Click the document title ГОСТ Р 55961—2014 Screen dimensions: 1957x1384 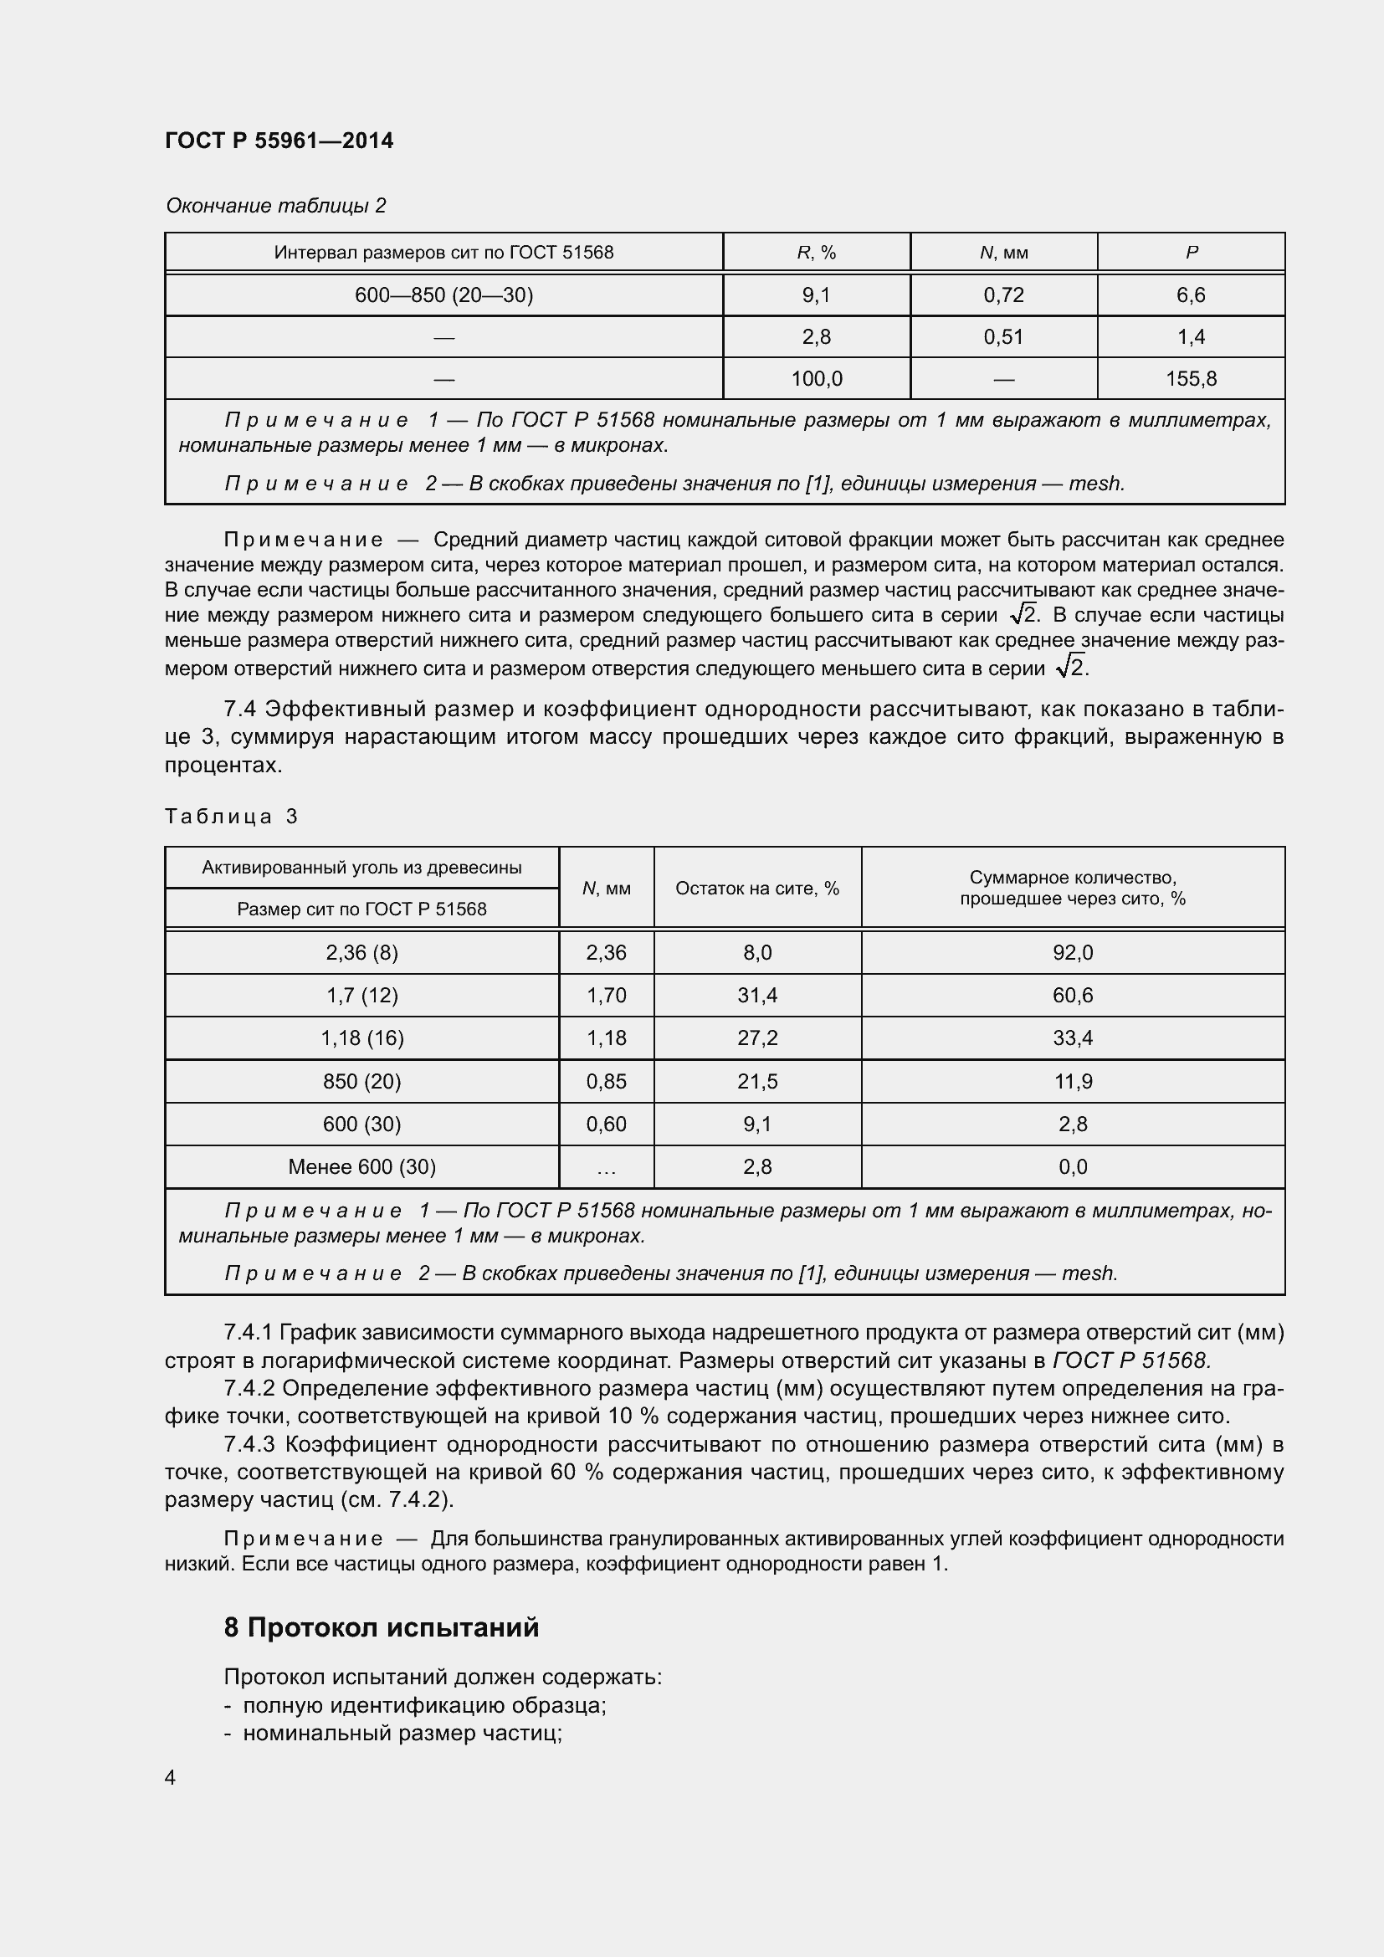pyautogui.click(x=279, y=141)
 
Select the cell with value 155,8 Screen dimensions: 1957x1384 pyautogui.click(x=1191, y=378)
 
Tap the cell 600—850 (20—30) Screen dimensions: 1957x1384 pyautogui.click(x=443, y=295)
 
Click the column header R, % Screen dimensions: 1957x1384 pyautogui.click(x=816, y=253)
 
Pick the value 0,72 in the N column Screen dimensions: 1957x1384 pyautogui.click(x=1003, y=295)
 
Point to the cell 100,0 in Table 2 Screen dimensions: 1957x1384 pyautogui.click(x=816, y=378)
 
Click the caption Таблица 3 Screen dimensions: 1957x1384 pyautogui.click(x=231, y=817)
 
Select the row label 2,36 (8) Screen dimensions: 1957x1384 pyautogui.click(x=361, y=952)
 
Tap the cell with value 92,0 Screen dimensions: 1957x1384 pyautogui.click(x=1072, y=952)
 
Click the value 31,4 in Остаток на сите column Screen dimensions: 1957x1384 pyautogui.click(x=756, y=995)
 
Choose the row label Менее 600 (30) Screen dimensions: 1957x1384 pyautogui.click(x=361, y=1166)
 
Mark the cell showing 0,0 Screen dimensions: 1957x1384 pyautogui.click(x=1072, y=1166)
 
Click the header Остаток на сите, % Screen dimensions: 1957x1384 pyautogui.click(x=756, y=889)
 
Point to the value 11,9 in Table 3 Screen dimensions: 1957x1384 pyautogui.click(x=1072, y=1081)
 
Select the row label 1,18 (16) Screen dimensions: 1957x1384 pyautogui.click(x=361, y=1037)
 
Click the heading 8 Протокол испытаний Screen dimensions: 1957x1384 pyautogui.click(x=381, y=1627)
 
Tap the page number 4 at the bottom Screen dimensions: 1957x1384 pyautogui.click(x=171, y=1777)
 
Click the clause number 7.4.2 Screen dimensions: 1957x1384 pyautogui.click(x=249, y=1389)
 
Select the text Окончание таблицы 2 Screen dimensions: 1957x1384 pyautogui.click(x=275, y=206)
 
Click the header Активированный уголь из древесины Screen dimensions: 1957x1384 pyautogui.click(x=361, y=868)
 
